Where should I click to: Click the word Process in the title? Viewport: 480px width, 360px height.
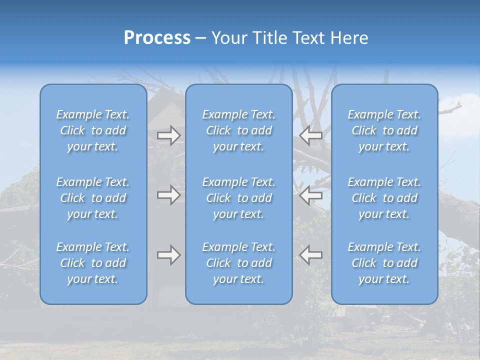point(157,38)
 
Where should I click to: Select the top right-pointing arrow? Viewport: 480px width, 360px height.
point(169,135)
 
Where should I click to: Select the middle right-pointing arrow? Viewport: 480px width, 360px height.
point(169,195)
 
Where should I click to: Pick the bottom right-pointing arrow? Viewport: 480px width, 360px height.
point(169,255)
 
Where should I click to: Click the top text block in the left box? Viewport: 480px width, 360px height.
point(93,130)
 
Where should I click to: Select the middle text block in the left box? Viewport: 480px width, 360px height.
point(93,198)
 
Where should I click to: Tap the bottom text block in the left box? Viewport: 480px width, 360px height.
point(93,263)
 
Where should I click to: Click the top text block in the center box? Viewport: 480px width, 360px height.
point(239,130)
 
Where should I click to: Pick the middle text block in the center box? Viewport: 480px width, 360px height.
point(239,198)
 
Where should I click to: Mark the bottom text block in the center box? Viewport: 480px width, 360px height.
point(239,263)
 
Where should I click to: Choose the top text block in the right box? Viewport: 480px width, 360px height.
point(384,130)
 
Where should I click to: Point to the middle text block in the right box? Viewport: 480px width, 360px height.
point(384,198)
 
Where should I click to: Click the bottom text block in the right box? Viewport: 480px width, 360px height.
point(384,263)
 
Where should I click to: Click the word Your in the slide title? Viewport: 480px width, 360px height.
point(228,38)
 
